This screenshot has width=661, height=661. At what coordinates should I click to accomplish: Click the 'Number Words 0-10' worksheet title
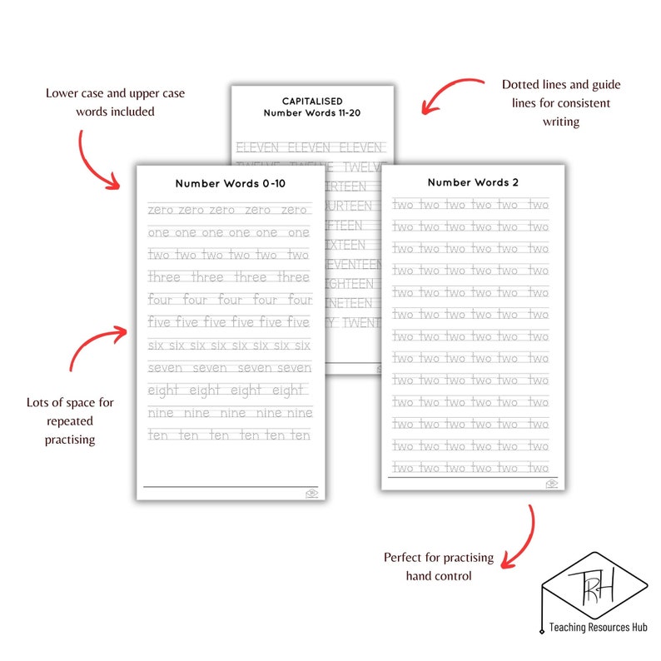[230, 184]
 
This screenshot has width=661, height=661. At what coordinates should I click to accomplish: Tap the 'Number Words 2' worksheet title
[473, 182]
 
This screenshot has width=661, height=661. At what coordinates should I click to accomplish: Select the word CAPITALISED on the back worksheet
[312, 102]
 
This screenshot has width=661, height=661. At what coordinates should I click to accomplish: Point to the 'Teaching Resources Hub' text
[598, 627]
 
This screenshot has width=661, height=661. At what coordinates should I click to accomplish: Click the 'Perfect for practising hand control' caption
[438, 566]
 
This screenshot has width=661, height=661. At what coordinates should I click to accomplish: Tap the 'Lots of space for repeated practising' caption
[70, 420]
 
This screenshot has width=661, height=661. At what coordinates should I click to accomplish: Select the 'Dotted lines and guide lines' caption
[561, 103]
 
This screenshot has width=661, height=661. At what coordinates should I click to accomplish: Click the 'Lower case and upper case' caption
[115, 102]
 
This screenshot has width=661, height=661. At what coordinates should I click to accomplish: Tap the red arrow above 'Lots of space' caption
[96, 345]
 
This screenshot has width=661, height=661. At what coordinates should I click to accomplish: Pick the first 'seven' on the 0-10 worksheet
[166, 368]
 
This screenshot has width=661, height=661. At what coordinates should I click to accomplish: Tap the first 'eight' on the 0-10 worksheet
[164, 390]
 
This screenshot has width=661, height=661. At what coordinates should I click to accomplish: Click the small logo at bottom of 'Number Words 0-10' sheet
[311, 493]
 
